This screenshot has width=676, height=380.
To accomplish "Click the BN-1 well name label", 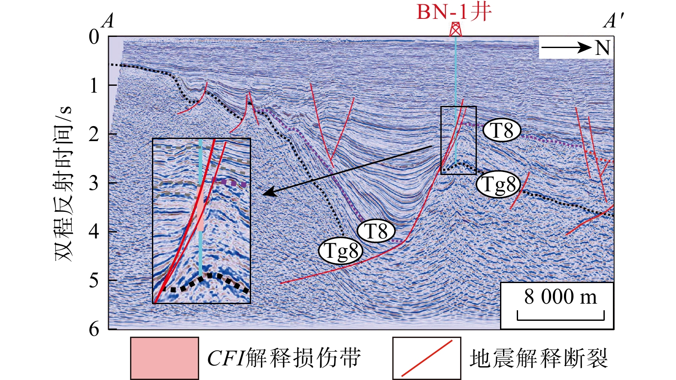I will tap(454, 12).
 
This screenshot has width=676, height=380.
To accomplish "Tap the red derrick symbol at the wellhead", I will tap(455, 29).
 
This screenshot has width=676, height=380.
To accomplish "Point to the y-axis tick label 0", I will tap(94, 37).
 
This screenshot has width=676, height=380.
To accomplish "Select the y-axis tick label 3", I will tap(94, 183).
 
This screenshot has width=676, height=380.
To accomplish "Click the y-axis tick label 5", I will tap(94, 280).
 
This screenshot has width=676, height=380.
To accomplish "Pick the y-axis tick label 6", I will tap(94, 329).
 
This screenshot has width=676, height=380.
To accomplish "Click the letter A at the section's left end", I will tap(108, 21).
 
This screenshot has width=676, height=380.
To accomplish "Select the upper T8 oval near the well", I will tap(502, 131).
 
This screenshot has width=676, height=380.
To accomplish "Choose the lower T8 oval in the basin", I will tap(376, 232).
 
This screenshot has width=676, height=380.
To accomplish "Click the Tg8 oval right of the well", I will tap(498, 185).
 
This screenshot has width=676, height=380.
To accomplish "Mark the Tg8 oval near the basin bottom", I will tap(341, 251).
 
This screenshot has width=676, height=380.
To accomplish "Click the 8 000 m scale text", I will tap(560, 297).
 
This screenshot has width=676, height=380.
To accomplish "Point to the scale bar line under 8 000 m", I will tap(561, 320).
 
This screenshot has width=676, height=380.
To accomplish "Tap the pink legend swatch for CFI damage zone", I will tap(164, 358).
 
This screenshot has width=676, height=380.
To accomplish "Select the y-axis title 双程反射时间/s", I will tap(63, 184).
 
